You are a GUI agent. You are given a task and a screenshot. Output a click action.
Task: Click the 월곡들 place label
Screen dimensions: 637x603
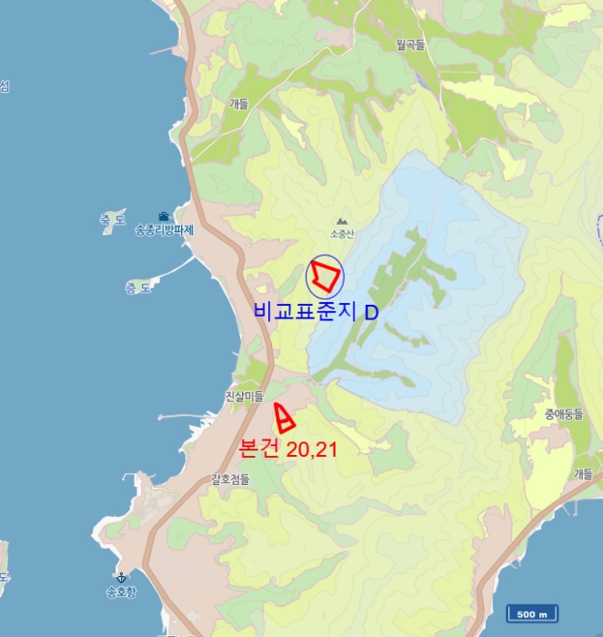[410, 44]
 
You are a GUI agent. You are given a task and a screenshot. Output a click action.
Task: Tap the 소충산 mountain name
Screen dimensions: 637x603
[341, 234]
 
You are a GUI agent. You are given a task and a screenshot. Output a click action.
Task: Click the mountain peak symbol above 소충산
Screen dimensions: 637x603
[341, 221]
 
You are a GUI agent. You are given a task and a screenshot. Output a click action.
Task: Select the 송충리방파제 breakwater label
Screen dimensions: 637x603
[165, 229]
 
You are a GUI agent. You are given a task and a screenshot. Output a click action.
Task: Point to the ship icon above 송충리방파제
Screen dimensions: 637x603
[164, 216]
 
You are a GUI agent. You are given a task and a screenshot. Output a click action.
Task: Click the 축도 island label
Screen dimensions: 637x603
[113, 219]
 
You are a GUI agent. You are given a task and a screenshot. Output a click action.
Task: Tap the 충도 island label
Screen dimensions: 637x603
[137, 288]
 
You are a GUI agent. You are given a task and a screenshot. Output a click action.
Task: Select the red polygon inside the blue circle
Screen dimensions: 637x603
[325, 274]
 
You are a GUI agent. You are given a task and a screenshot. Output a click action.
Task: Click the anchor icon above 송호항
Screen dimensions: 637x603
[120, 577]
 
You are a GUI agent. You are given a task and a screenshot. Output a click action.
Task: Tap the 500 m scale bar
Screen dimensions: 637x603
[532, 614]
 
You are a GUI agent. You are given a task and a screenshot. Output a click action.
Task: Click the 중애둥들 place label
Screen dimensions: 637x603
[563, 414]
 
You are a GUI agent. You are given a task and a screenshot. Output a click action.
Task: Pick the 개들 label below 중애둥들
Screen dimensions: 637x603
[582, 473]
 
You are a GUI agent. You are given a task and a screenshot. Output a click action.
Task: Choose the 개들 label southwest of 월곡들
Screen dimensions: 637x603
[239, 104]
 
